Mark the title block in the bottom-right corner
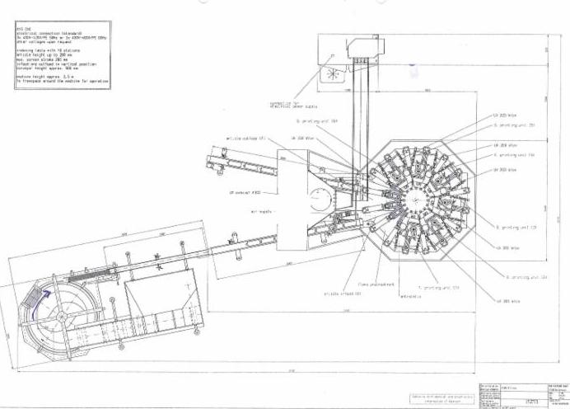tap(519, 393)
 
